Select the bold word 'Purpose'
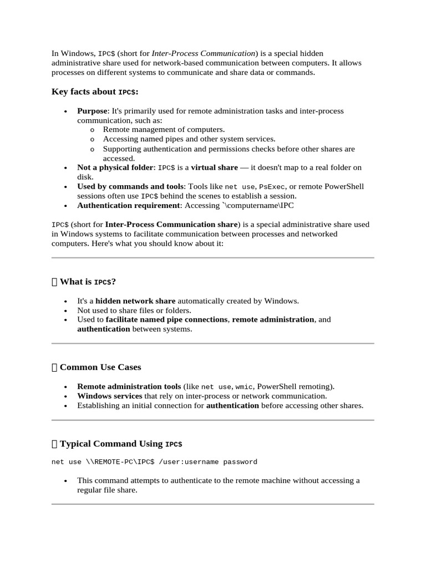click(x=92, y=111)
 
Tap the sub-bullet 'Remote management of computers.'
click(x=164, y=130)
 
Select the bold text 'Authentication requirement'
click(x=128, y=205)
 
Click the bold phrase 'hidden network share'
click(x=135, y=301)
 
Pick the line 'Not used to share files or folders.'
click(x=134, y=310)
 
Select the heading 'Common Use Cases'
click(x=100, y=367)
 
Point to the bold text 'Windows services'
click(x=109, y=396)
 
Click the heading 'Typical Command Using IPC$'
click(x=121, y=444)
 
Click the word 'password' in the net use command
click(x=239, y=462)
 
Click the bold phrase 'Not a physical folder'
click(x=115, y=168)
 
